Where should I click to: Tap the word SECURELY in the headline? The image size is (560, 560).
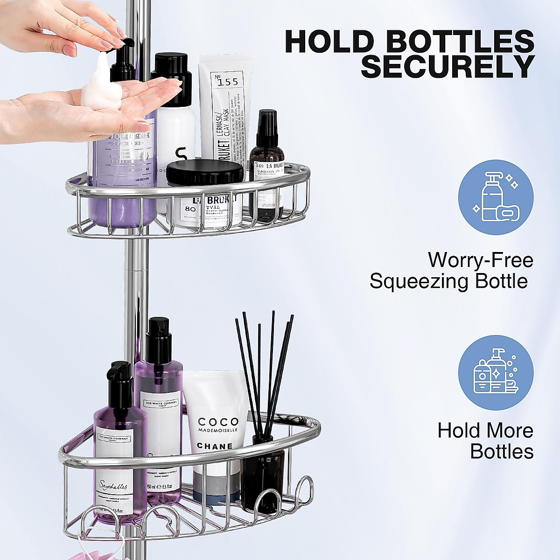click(x=448, y=67)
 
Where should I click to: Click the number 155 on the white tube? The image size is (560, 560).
click(x=227, y=82)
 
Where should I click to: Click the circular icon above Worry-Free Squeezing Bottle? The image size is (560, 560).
click(x=496, y=196)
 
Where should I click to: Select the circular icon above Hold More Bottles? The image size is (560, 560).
click(x=496, y=372)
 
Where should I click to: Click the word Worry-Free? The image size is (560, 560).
click(x=480, y=260)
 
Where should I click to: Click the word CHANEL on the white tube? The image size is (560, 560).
click(x=215, y=446)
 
